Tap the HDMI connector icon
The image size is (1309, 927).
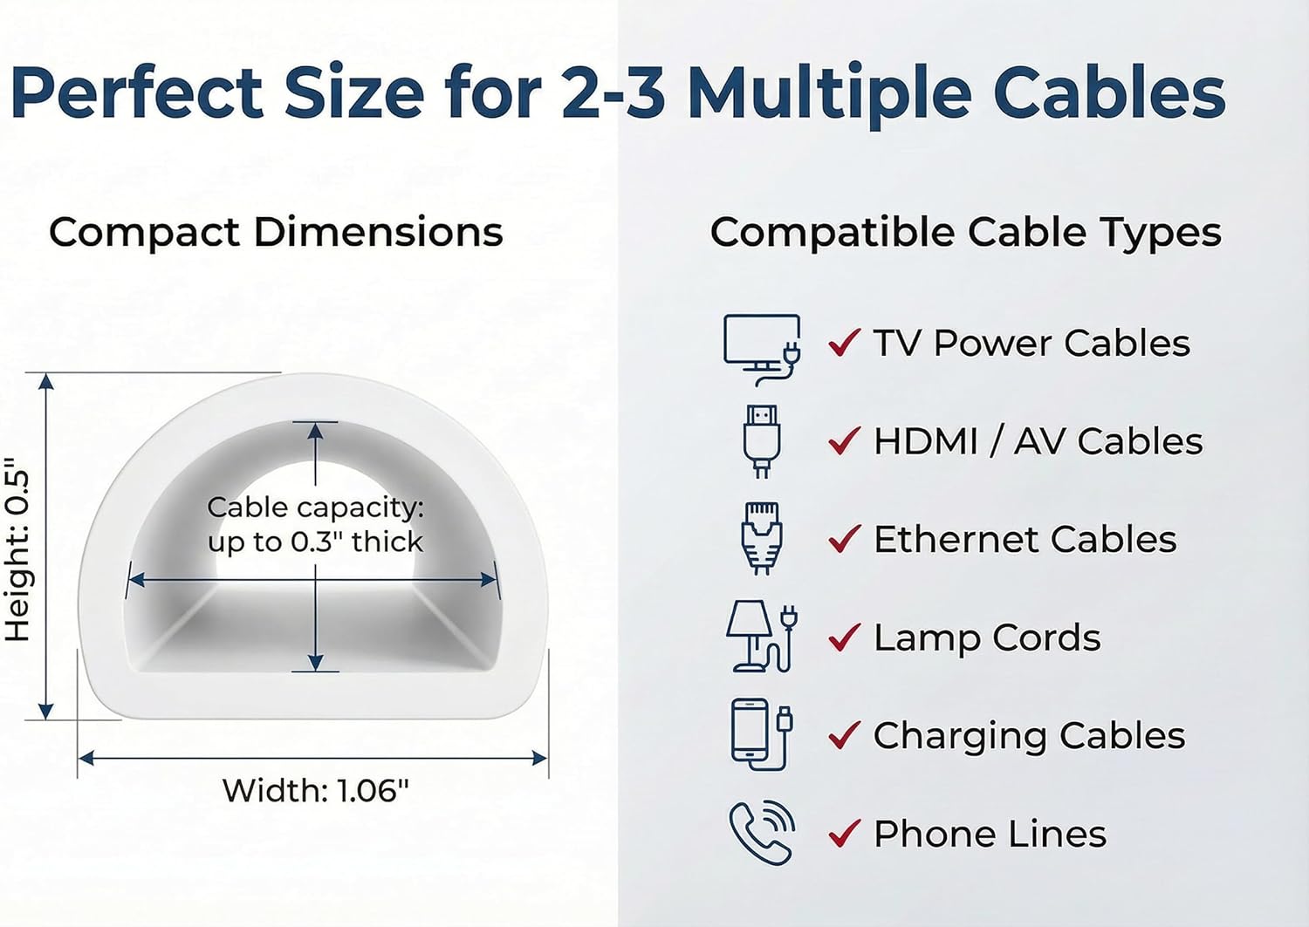point(761,440)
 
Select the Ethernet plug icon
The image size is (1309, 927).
point(761,538)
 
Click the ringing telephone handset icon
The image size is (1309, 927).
point(761,832)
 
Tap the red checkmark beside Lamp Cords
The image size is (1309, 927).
point(844,637)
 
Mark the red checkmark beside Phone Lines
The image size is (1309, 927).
point(844,834)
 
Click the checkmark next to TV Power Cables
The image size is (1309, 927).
point(844,343)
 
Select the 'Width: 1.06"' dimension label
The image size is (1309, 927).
point(315,791)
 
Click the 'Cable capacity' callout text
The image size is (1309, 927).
point(315,524)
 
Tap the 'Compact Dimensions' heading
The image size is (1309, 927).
point(276,233)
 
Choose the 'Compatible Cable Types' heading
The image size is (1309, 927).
point(965,233)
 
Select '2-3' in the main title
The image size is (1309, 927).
point(612,93)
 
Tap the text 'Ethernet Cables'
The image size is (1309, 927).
point(1025,540)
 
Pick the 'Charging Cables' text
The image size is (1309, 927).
point(1029,736)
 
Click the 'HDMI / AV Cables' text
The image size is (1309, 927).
point(1038,441)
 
